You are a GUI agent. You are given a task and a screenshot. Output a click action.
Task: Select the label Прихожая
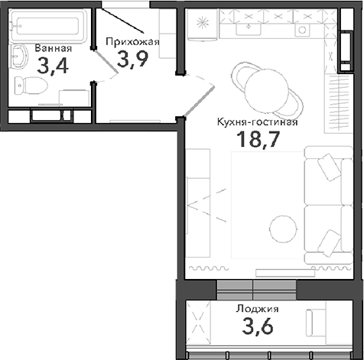pyautogui.click(x=131, y=42)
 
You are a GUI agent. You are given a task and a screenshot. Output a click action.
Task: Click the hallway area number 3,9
pyautogui.click(x=132, y=59)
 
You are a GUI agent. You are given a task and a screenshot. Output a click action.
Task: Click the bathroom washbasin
pyautogui.click(x=19, y=57)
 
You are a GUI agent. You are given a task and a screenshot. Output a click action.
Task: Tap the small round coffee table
pyautogui.click(x=284, y=225)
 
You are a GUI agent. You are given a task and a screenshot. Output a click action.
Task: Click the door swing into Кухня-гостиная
pyautogui.click(x=196, y=99)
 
